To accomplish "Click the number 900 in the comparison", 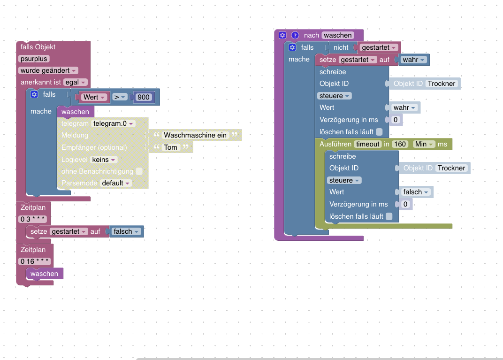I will (x=143, y=97).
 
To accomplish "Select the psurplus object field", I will (x=34, y=59).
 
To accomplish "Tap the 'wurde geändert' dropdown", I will (x=48, y=70).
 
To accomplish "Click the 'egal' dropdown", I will (x=75, y=82).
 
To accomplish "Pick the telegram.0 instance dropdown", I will (x=113, y=123).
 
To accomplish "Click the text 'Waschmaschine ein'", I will (x=195, y=135).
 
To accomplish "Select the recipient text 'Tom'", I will (x=171, y=147).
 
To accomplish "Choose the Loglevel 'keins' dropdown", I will (x=103, y=160).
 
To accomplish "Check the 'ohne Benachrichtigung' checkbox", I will (x=139, y=171).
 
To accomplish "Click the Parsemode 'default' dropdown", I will (x=115, y=183).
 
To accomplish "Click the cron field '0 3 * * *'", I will (x=32, y=219).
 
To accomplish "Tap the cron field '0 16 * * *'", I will (x=34, y=261).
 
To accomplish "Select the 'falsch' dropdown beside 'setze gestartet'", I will (x=126, y=231).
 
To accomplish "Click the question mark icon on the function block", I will (x=295, y=35).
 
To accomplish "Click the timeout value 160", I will (x=400, y=144).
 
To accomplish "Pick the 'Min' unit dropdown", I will (x=424, y=144).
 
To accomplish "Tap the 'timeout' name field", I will (x=367, y=144).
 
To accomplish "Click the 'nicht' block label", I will (x=341, y=47).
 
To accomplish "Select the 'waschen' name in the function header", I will (x=337, y=35).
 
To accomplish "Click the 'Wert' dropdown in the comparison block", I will (x=94, y=97).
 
